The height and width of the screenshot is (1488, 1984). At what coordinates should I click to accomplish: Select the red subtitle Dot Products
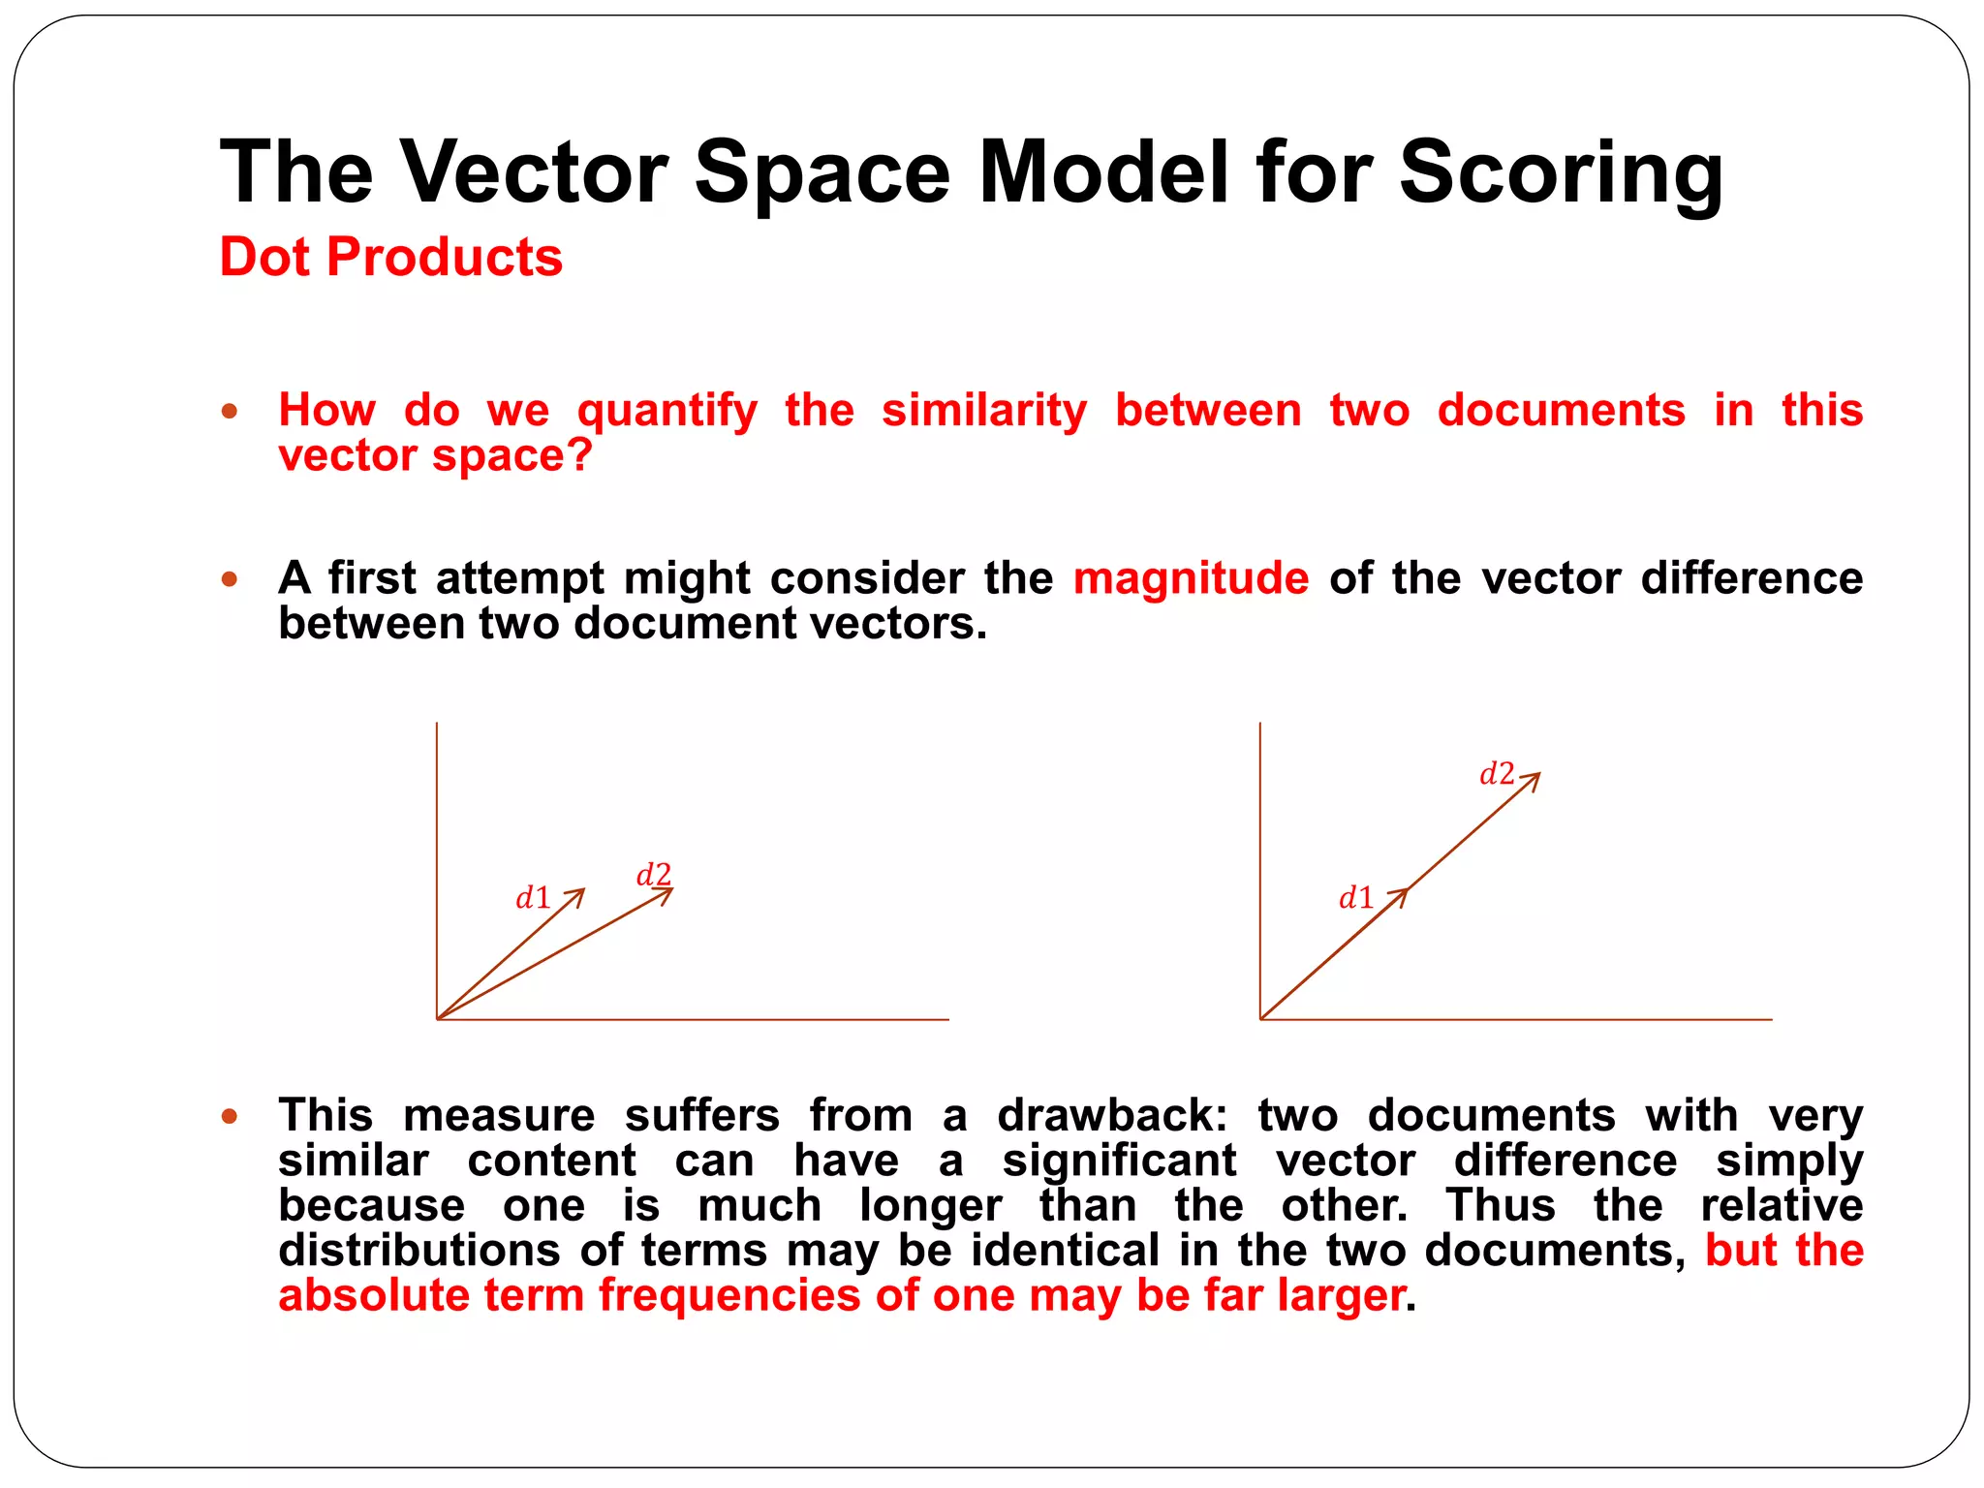[x=391, y=258]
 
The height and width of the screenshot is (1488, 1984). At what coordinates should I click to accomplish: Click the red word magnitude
[x=1191, y=578]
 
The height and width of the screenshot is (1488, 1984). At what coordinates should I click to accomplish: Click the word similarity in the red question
[x=984, y=410]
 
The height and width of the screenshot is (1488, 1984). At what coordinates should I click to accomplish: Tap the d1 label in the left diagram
[x=533, y=898]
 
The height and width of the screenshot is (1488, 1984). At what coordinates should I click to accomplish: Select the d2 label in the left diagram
[x=654, y=875]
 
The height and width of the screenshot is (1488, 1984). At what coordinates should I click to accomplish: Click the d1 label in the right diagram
[x=1356, y=898]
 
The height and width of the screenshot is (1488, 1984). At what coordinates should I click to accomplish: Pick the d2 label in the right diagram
[x=1497, y=774]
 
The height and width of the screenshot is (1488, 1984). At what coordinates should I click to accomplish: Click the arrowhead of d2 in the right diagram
[x=1534, y=778]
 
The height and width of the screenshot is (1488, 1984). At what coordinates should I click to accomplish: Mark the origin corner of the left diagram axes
[x=438, y=1019]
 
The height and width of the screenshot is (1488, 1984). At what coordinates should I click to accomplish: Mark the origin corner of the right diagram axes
[x=1261, y=1019]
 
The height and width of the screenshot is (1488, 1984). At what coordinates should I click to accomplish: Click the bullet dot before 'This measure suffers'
[x=230, y=1117]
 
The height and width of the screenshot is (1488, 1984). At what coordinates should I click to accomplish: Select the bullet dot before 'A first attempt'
[x=230, y=579]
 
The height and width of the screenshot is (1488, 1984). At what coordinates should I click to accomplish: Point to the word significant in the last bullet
[x=1119, y=1161]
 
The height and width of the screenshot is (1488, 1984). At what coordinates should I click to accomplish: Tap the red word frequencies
[x=729, y=1295]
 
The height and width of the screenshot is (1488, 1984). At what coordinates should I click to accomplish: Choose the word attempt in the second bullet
[x=520, y=579]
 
